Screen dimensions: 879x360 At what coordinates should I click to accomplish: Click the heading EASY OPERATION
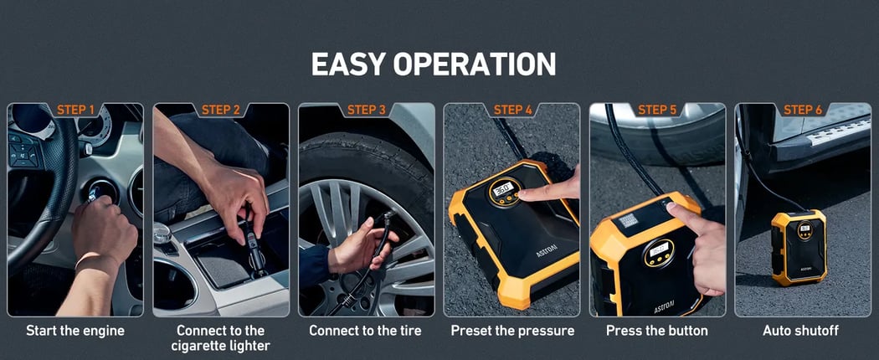[x=434, y=64]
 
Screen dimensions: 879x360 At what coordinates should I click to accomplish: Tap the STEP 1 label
[x=75, y=110]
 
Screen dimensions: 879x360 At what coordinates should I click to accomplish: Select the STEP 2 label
[x=221, y=110]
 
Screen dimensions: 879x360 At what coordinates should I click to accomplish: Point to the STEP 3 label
[x=367, y=110]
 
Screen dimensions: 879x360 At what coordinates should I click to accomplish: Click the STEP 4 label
[x=512, y=110]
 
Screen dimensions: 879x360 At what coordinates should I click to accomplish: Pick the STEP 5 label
[x=657, y=110]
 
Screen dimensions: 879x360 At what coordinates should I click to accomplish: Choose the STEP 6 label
[x=803, y=110]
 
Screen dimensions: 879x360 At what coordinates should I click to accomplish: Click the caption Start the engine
[x=75, y=331]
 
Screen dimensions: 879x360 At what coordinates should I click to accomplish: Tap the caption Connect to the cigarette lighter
[x=221, y=338]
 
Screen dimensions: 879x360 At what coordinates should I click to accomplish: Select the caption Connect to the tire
[x=366, y=331]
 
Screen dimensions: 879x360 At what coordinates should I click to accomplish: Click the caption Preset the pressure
[x=512, y=331]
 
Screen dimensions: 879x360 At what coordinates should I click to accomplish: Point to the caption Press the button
[x=657, y=331]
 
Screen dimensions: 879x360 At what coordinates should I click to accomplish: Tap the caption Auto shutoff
[x=800, y=331]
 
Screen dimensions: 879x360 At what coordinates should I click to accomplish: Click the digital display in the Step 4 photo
[x=501, y=188]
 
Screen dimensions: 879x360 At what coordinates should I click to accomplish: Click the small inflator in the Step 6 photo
[x=799, y=247]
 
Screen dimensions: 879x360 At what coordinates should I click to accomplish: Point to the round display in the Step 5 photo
[x=659, y=252]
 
